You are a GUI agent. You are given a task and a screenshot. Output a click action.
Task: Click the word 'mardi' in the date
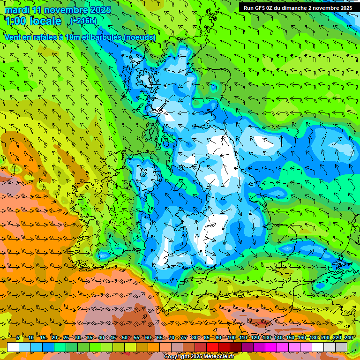[16, 10]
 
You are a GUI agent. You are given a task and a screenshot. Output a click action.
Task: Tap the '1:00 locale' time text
[33, 21]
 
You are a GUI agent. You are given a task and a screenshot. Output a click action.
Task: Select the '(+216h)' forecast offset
[83, 21]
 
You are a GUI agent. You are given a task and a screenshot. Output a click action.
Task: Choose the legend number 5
[18, 337]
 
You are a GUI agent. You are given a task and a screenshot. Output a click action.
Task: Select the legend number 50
[125, 337]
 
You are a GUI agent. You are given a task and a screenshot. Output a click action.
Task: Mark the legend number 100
[232, 337]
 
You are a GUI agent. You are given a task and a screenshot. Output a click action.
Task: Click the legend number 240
[349, 337]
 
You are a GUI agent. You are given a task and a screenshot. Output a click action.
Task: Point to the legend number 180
[313, 337]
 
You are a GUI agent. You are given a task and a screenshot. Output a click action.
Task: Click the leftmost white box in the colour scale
[13, 347]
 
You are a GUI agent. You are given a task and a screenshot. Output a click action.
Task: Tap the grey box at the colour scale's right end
[341, 347]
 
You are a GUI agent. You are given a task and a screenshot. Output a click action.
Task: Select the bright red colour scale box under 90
[212, 347]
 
